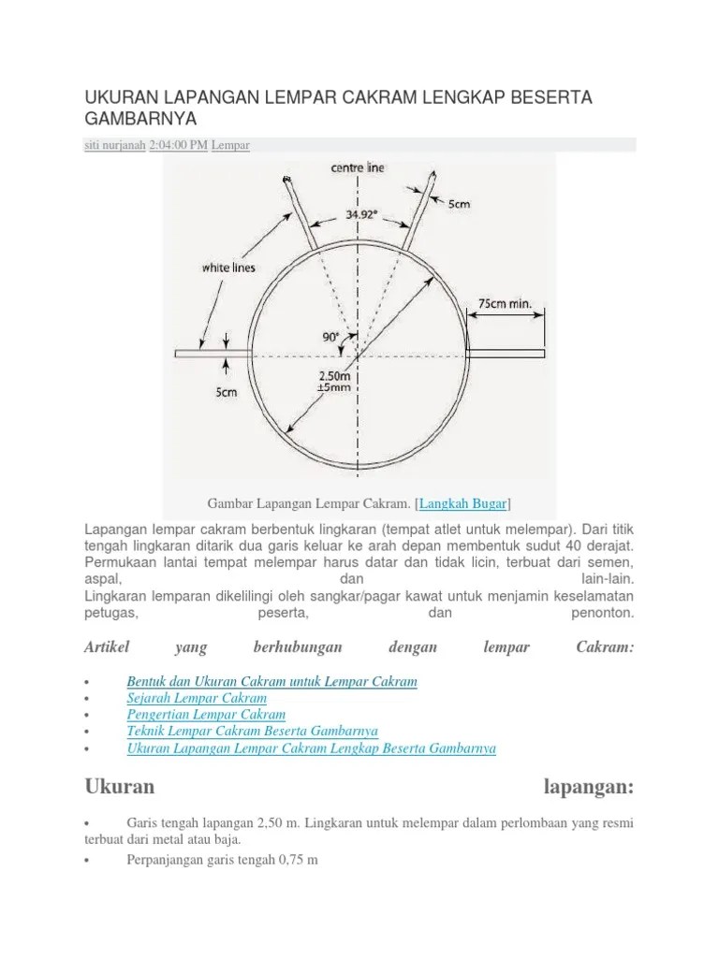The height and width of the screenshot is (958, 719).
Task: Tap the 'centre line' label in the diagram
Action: (x=358, y=168)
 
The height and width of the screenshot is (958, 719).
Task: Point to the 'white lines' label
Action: (x=229, y=268)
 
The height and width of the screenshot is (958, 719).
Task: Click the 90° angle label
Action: (x=332, y=338)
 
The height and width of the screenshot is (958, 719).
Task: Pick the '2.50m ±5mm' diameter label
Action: (x=332, y=382)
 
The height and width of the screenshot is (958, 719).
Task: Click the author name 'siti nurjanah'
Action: (x=114, y=145)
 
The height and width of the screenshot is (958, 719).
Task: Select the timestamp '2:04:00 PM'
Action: (x=179, y=145)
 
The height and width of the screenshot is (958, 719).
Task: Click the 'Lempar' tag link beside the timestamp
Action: (x=230, y=145)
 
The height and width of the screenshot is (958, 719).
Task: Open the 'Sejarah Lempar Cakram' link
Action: (x=197, y=698)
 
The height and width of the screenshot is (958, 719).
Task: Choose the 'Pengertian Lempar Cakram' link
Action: (x=206, y=715)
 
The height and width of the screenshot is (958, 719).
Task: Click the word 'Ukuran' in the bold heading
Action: (x=119, y=786)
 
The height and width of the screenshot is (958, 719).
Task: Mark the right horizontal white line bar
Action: (x=506, y=354)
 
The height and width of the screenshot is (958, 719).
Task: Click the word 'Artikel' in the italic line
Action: (x=106, y=647)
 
